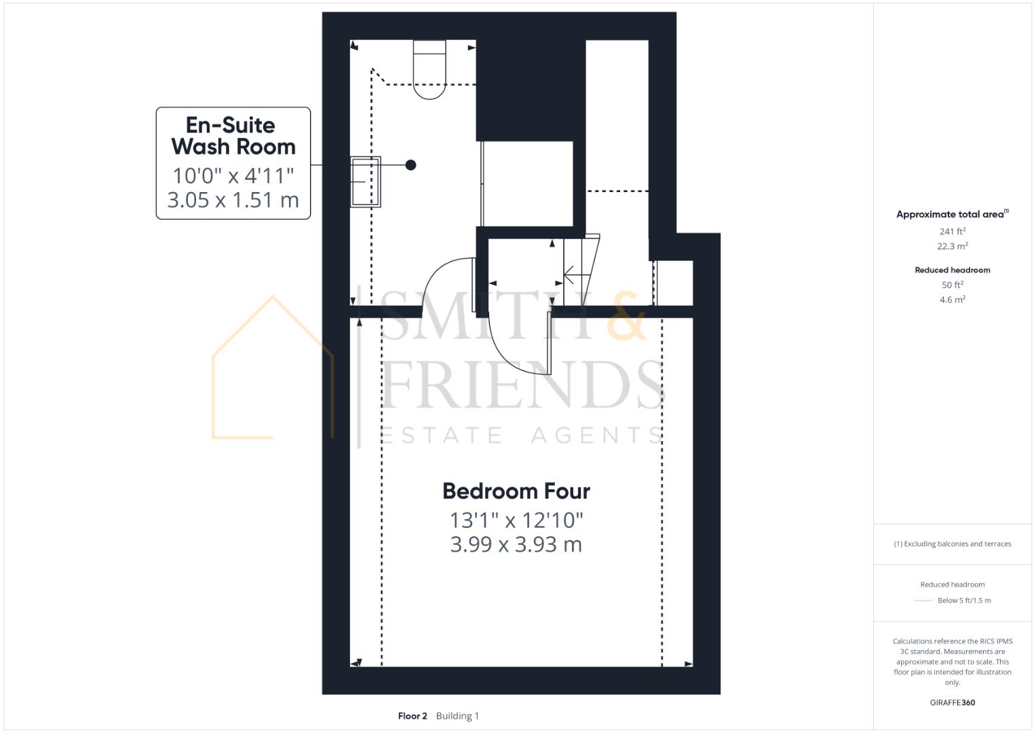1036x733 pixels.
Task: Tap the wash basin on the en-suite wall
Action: point(365,181)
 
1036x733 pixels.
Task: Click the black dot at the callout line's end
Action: point(410,165)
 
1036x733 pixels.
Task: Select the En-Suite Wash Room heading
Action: point(233,136)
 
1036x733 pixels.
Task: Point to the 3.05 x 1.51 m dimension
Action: point(233,200)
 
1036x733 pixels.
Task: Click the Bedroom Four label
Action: point(516,491)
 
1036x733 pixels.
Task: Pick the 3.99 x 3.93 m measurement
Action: point(516,544)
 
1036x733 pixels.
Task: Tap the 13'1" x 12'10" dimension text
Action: point(516,520)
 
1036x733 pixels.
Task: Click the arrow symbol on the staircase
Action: point(572,276)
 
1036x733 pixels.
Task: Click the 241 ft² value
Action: point(953,231)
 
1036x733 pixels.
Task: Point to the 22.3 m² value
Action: point(953,246)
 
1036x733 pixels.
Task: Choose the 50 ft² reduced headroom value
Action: point(953,285)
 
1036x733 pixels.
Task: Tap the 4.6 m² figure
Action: point(953,299)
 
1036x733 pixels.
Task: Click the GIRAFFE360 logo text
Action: point(953,702)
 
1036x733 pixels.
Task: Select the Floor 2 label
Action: point(413,716)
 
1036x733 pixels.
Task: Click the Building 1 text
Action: point(457,716)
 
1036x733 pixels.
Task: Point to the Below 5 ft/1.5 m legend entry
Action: point(964,601)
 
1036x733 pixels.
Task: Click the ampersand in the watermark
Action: point(626,318)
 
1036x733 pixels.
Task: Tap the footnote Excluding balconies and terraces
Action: point(953,544)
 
